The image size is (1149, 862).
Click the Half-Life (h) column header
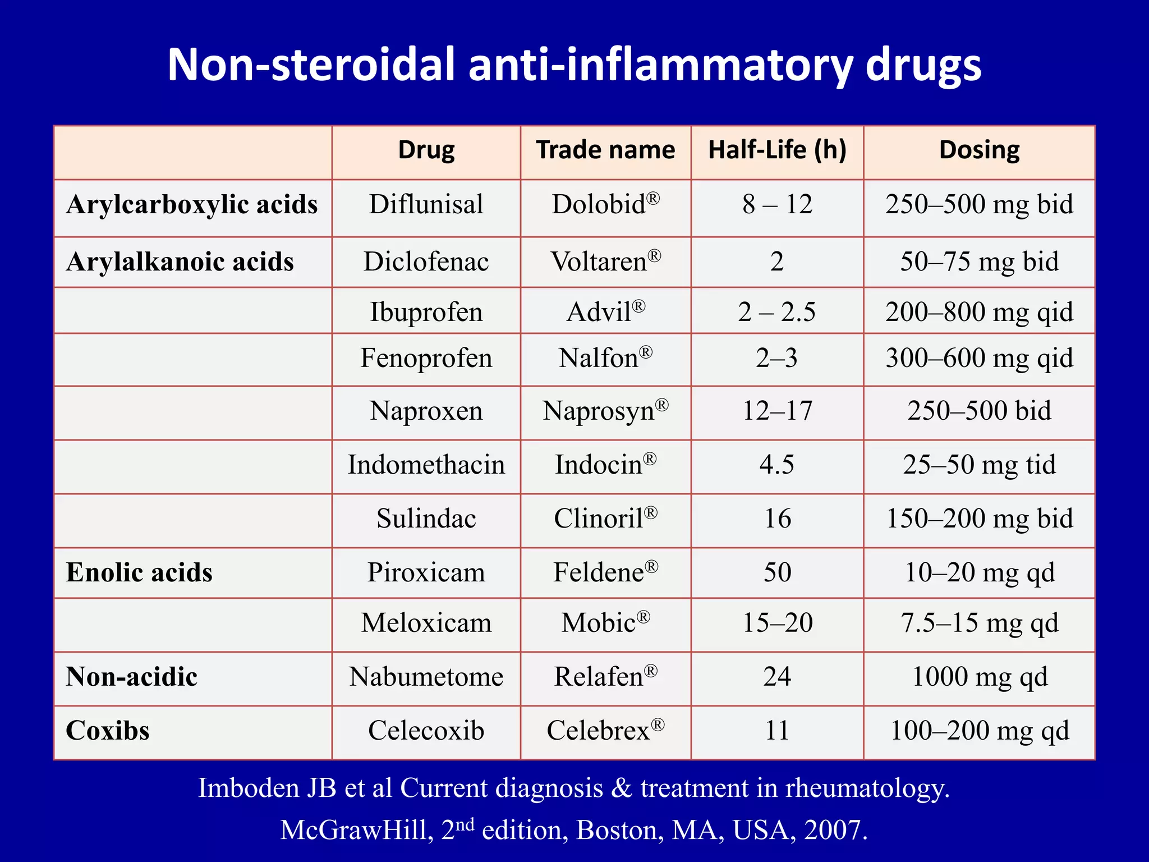pos(777,150)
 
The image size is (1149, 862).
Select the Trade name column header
pos(605,150)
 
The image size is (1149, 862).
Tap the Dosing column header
pos(979,150)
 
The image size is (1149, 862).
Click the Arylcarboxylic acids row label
pos(192,204)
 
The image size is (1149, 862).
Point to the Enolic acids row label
pos(139,572)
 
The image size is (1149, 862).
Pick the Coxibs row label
pos(108,731)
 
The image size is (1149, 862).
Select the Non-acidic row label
pos(132,677)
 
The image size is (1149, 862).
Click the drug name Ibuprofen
pos(426,312)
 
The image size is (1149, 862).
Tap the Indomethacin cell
pos(426,465)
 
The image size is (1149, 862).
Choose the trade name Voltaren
pos(605,262)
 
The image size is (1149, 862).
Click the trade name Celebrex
pos(605,731)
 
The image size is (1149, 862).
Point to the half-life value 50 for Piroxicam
pos(777,572)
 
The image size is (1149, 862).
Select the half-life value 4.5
pos(777,465)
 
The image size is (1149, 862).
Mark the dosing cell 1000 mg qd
pos(979,677)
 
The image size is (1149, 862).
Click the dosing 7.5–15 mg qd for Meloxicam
pos(979,623)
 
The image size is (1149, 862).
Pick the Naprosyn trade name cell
pos(605,411)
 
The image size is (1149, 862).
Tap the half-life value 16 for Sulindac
pos(777,519)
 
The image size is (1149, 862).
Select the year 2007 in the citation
pos(835,830)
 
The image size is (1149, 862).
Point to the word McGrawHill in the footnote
pos(357,830)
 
